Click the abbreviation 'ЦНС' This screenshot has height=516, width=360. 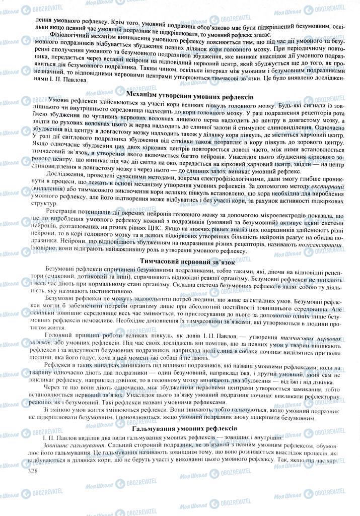pyautogui.click(x=159, y=228)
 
